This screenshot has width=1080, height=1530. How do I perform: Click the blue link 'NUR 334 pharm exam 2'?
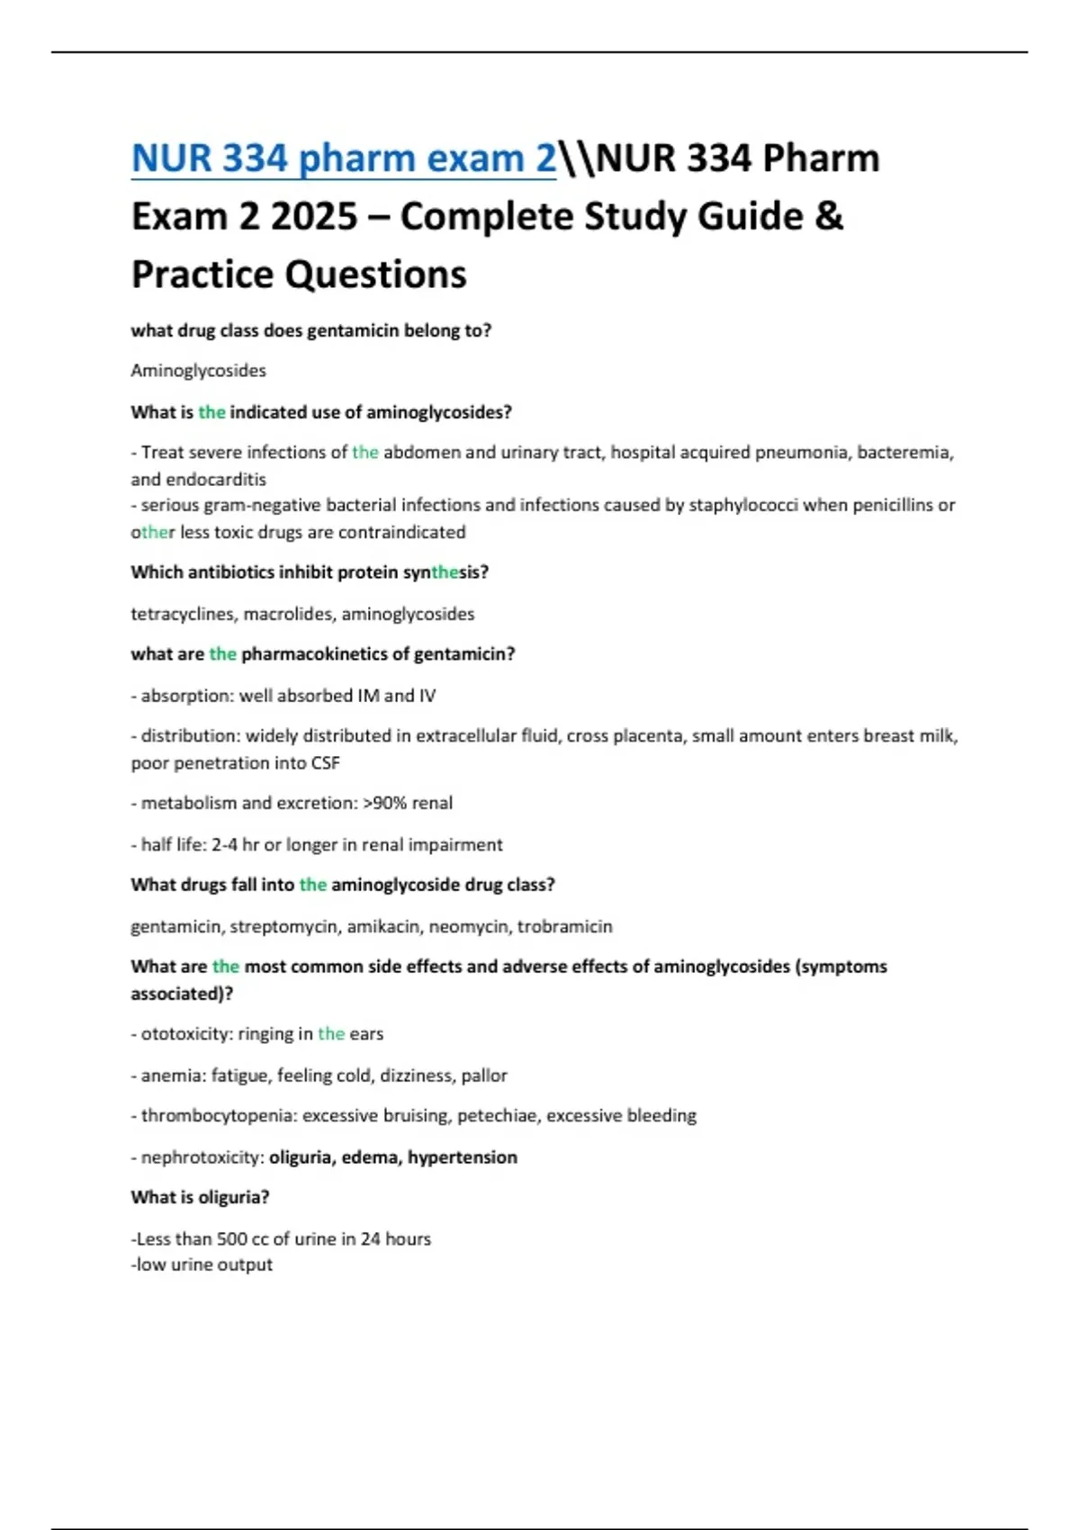coord(343,158)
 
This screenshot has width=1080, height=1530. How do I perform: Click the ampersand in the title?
coord(830,217)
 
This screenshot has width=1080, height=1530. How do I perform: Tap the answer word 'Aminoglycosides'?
coord(198,371)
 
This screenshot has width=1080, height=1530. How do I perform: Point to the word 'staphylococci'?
coord(743,506)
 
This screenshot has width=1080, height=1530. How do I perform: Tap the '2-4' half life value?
coord(225,845)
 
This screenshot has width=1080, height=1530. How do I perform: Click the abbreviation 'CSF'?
coord(325,763)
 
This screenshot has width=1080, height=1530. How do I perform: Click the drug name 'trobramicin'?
coord(564,927)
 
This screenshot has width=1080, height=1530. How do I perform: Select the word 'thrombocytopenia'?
coord(218,1116)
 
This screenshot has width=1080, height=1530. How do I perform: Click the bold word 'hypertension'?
coord(463,1157)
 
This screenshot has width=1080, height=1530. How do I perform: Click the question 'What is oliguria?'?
coord(200,1198)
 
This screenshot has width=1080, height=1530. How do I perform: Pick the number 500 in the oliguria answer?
coord(232,1239)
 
